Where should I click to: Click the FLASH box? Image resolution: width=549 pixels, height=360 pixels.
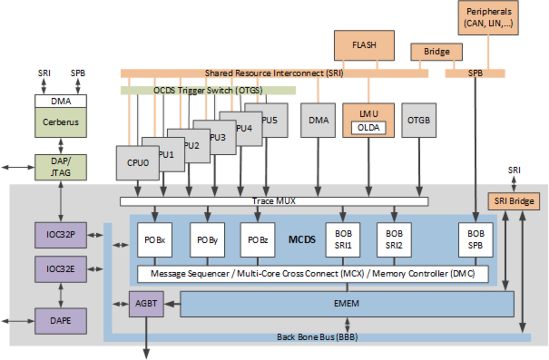tap(364, 45)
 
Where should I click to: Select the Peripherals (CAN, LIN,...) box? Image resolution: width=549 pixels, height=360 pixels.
tap(488, 18)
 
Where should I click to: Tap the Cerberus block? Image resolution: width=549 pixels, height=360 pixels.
tap(60, 122)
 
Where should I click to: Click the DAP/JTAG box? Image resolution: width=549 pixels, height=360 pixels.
tap(60, 167)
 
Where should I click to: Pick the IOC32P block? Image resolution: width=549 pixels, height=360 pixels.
tap(60, 235)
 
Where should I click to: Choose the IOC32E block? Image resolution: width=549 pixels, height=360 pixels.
tap(60, 269)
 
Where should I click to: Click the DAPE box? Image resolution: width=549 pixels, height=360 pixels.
tap(60, 321)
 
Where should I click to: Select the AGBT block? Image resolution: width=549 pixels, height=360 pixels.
tap(146, 304)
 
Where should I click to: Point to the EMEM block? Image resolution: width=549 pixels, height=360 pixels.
tap(347, 304)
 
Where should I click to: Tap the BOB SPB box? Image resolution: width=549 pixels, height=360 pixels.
tap(476, 240)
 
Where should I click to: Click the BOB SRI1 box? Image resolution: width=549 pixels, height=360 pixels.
tap(343, 240)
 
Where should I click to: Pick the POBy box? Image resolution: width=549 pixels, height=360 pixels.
tap(208, 240)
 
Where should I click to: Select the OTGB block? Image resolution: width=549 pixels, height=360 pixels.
tap(419, 120)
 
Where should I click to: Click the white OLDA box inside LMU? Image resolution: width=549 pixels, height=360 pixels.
tap(368, 128)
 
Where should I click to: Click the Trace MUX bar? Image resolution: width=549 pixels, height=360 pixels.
tap(274, 201)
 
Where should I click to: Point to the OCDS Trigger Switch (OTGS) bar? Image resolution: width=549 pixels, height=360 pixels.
tap(208, 90)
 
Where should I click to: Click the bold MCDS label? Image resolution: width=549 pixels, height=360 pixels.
tap(302, 240)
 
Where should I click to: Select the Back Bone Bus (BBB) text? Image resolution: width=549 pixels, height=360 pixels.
tap(317, 337)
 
